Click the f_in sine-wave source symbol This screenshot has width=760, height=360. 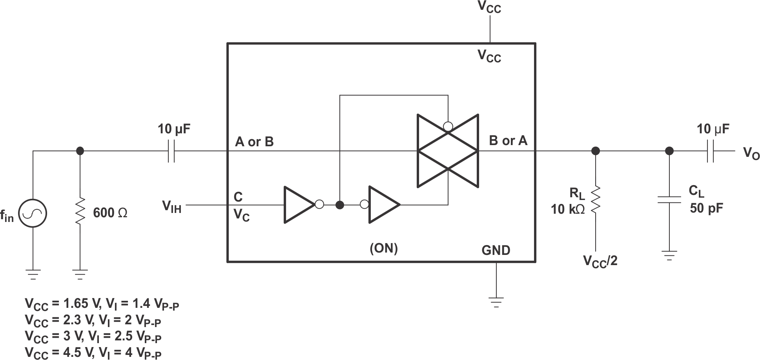[33, 214]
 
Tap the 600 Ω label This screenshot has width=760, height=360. [110, 213]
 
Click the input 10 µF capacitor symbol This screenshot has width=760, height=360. [171, 151]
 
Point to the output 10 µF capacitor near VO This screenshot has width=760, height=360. [711, 151]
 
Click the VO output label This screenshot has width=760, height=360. [751, 153]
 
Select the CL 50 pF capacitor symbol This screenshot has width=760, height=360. [669, 200]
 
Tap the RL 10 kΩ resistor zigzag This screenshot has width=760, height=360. [596, 200]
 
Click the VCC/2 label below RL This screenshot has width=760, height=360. [600, 261]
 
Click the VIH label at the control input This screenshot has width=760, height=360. [172, 206]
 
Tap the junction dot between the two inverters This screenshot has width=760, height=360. [340, 205]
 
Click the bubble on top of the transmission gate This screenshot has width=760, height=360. [448, 126]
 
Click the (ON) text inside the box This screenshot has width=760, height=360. [384, 248]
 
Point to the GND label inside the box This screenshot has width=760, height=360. [496, 250]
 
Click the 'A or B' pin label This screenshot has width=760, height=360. [254, 142]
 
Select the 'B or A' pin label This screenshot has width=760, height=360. [508, 140]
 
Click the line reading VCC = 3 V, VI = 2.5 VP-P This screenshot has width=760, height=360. [93, 336]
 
